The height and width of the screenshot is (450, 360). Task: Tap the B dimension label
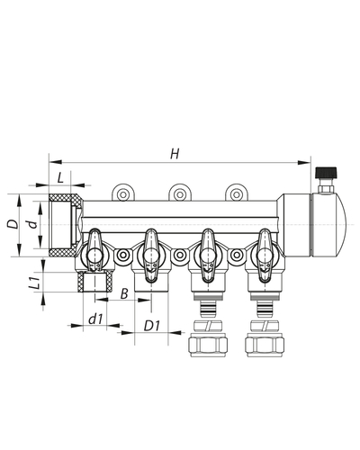[x=125, y=293]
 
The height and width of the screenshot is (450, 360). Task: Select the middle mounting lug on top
[x=179, y=193]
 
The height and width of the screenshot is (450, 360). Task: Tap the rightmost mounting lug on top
[x=236, y=193]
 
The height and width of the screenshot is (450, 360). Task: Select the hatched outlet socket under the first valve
[x=94, y=283]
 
